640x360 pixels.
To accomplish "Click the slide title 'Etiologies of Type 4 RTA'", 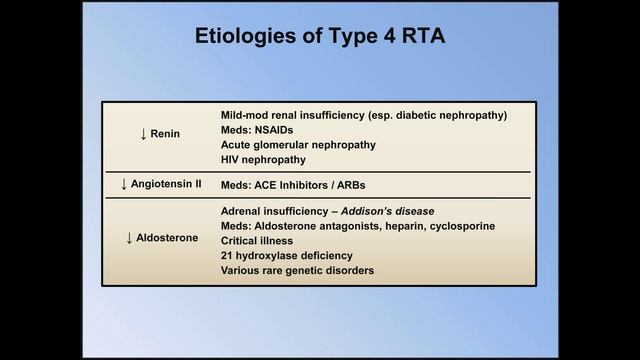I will pos(319,38).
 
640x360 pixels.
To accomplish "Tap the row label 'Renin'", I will pos(165,135).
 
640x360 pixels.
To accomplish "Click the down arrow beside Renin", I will pos(143,135).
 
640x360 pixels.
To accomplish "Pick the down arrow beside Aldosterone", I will pos(129,238).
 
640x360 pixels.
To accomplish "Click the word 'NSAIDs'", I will pos(274,130).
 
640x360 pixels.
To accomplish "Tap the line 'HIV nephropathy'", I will pos(262,159).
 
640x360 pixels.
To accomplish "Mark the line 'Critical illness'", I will pos(257,241).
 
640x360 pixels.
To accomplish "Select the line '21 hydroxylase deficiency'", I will pos(286,256).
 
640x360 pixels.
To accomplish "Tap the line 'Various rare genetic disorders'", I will pos(297,271).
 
